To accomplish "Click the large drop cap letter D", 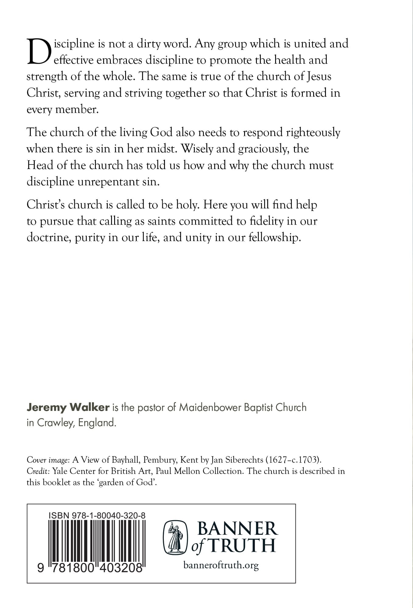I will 38,52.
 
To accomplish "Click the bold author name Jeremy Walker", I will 68,407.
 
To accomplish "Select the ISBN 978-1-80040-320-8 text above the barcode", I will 97,515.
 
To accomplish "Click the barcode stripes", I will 97,541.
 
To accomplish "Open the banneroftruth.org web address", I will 221,565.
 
